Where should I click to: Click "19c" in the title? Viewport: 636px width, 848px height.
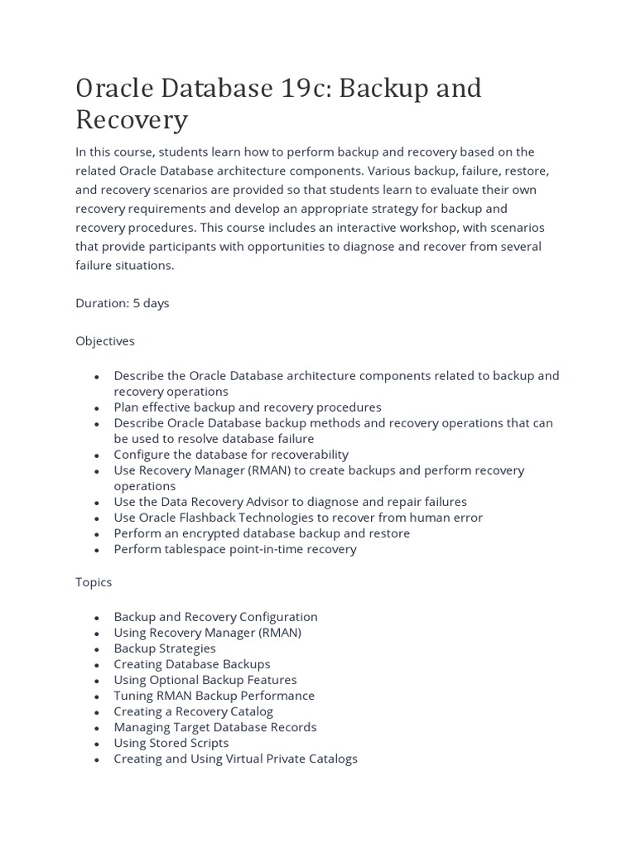tap(295, 88)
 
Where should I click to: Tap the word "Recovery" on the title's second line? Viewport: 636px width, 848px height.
tap(132, 120)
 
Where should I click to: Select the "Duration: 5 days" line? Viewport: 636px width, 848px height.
tap(123, 303)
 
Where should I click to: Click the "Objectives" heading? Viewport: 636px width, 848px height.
tap(105, 340)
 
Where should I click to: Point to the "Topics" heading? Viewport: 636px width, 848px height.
tap(94, 582)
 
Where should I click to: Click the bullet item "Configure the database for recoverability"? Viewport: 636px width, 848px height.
tap(231, 455)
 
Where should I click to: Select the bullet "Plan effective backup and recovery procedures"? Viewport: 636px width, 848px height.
tap(248, 407)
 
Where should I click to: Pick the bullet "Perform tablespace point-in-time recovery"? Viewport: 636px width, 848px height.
tap(235, 549)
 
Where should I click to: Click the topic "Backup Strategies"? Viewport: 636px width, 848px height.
tap(165, 648)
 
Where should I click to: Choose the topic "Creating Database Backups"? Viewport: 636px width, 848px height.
tap(192, 664)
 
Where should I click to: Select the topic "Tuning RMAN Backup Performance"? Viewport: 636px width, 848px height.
tap(214, 696)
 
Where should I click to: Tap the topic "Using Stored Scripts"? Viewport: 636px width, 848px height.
tap(171, 743)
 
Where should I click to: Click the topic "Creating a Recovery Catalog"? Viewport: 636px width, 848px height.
tap(194, 711)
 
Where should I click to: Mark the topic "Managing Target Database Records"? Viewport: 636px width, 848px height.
tap(215, 727)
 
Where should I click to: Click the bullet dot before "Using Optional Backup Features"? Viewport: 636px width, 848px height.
tap(97, 681)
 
